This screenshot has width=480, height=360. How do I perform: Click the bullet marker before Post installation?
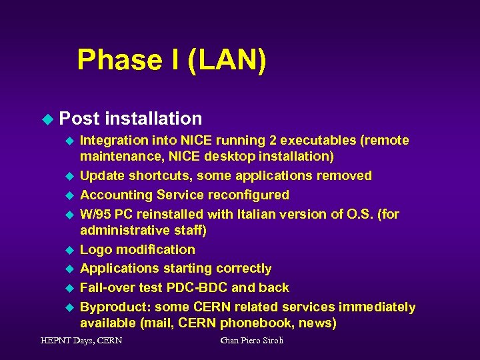(x=46, y=119)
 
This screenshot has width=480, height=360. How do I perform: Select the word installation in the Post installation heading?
(x=153, y=119)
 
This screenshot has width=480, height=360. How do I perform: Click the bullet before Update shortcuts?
(x=68, y=176)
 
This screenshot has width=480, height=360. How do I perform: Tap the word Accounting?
(x=116, y=195)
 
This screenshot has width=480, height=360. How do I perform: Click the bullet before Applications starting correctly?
(x=68, y=269)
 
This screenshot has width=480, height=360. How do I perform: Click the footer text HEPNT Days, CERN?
(x=81, y=341)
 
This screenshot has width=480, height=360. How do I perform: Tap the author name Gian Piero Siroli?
(x=252, y=341)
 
